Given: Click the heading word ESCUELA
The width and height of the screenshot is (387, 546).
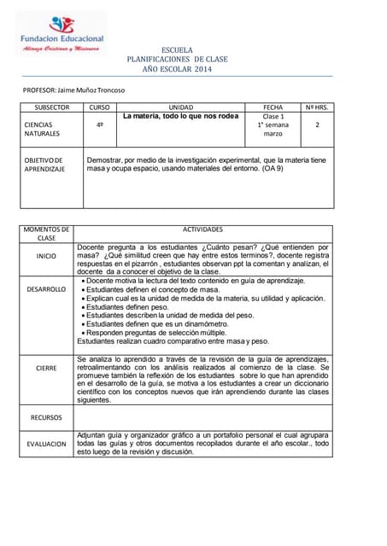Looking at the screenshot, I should pos(177,50).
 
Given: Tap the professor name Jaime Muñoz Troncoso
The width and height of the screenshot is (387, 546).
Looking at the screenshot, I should pos(73,90).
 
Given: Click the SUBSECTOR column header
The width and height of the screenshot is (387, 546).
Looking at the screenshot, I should pos(51,107).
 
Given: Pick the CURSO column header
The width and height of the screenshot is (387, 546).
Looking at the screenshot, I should pos(100,107).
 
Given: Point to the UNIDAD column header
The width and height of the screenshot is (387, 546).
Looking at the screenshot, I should pos(181,107).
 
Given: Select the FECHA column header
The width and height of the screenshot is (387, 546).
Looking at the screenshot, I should pos(273,107).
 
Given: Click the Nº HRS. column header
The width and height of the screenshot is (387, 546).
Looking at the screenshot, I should pos(317,107).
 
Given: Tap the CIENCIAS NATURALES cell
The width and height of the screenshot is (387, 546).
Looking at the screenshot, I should pos(42,129).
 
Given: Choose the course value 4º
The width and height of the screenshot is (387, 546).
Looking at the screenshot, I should pos(100,125).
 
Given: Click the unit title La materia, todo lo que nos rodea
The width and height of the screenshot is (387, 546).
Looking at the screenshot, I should pos(180,116).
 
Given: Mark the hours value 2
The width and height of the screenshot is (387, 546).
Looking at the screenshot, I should pos(317,125).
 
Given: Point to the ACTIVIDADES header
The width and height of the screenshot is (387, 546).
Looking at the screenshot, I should pos(203,229).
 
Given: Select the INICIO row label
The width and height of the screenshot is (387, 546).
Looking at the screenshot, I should pos(46,256).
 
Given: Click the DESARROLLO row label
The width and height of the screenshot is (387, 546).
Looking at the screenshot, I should pos(46,289).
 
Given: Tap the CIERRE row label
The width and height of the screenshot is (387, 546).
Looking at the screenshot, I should pos(46,369).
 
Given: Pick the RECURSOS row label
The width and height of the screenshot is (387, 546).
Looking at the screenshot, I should pos(46,417).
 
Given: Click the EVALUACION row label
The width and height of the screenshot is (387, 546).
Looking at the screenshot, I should pos(46,444).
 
